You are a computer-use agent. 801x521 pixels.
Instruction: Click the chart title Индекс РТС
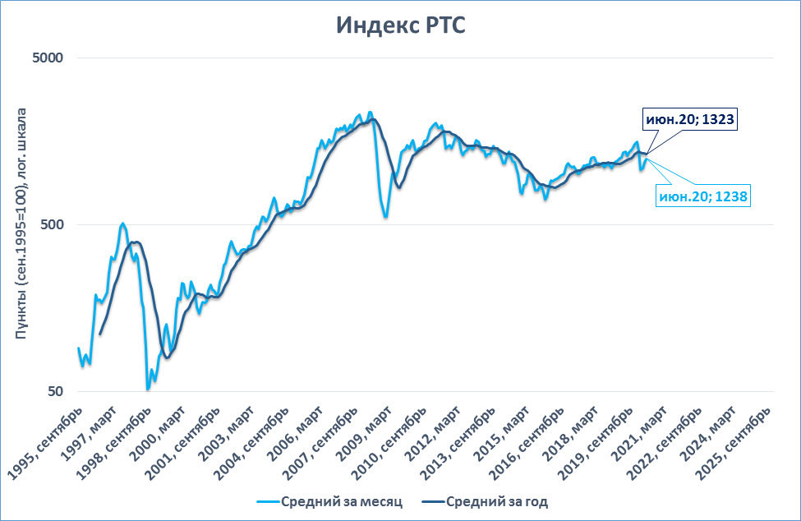coord(400,25)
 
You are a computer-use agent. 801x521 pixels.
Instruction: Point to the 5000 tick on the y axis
coord(49,58)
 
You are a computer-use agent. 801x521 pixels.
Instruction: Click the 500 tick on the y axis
coord(53,224)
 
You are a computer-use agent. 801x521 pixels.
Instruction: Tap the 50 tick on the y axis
coord(56,391)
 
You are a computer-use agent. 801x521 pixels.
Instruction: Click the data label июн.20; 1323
coord(689,120)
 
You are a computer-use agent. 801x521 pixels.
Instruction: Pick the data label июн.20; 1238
coord(704,196)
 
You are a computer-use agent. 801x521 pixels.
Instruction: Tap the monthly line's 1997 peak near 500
coord(122,223)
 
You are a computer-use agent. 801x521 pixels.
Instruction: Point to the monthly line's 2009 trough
coord(385,217)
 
